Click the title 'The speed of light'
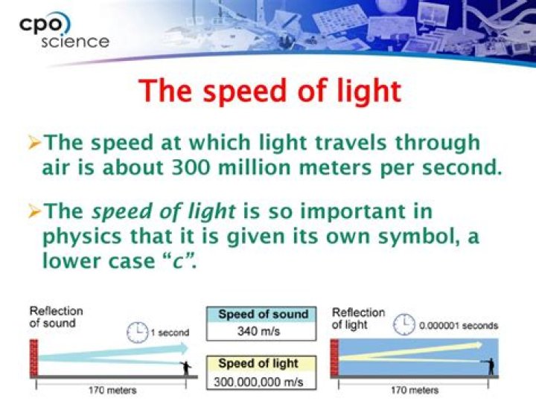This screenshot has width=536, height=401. [x=269, y=91]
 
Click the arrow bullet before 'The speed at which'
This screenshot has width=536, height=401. [x=34, y=142]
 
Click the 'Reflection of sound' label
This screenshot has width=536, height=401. [x=56, y=316]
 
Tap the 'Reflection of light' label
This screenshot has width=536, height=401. [x=358, y=318]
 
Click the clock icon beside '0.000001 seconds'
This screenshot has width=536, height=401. [x=404, y=324]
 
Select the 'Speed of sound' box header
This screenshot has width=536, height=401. [x=263, y=314]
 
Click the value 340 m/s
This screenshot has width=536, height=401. [x=258, y=331]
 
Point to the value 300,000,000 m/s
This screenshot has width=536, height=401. [x=259, y=382]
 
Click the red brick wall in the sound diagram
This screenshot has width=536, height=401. [x=33, y=356]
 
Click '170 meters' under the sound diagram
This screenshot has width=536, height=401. [x=109, y=390]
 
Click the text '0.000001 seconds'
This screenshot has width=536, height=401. [x=459, y=326]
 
